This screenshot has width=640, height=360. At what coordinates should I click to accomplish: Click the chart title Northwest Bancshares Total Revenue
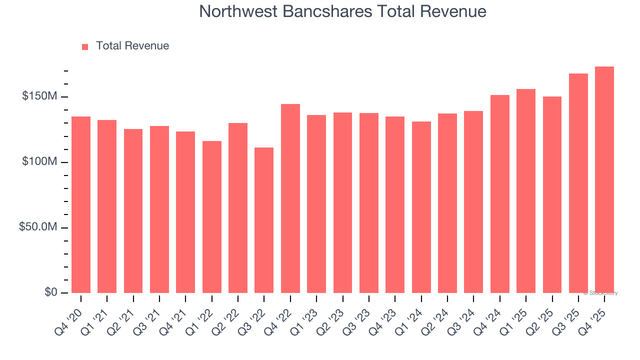[x=342, y=11]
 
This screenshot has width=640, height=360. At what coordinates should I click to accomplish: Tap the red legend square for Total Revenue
[x=85, y=46]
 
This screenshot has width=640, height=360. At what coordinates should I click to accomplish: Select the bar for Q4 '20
[x=81, y=205]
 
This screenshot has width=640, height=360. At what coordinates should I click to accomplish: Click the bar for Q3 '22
[x=264, y=220]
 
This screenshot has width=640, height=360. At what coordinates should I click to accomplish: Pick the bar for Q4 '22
[x=290, y=198]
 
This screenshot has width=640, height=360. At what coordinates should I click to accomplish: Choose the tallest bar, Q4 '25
[x=604, y=180]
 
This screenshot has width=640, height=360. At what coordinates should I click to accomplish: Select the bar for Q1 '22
[x=212, y=217]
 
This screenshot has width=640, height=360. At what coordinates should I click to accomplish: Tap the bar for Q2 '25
[x=552, y=195]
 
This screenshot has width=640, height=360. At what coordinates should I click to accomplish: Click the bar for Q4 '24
[x=500, y=194]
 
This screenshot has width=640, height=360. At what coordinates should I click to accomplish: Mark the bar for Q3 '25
[x=578, y=183]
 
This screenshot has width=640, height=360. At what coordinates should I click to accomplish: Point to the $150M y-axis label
[x=39, y=96]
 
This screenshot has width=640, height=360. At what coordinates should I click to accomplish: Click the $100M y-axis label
[x=39, y=162]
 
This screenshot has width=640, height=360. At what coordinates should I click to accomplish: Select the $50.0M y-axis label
[x=37, y=227]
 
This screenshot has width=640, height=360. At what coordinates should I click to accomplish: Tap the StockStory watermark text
[x=600, y=293]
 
